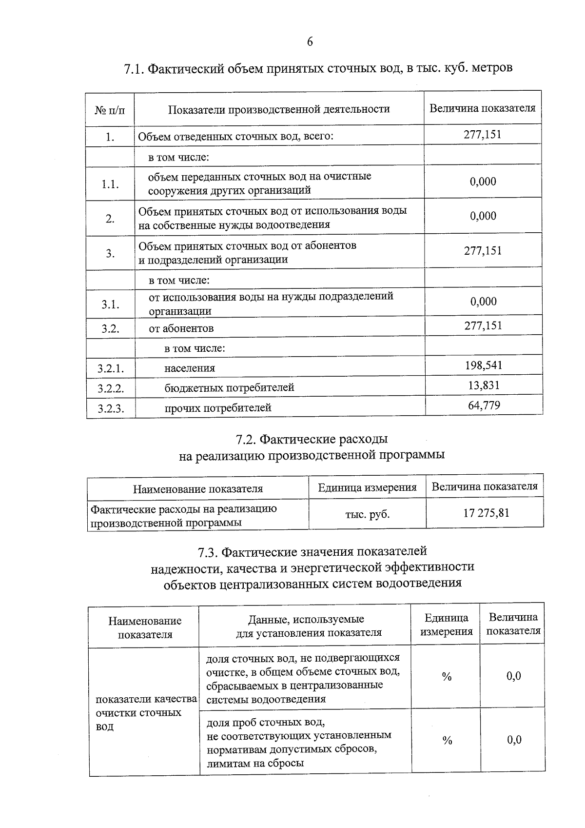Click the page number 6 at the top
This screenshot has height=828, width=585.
click(310, 42)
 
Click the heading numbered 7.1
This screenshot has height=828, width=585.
click(318, 68)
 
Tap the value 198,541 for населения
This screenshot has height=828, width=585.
click(483, 365)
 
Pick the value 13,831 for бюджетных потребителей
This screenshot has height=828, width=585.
click(484, 385)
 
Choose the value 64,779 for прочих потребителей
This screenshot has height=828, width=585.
click(484, 405)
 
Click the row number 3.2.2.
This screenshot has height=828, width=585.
click(111, 389)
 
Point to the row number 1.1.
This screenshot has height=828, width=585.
click(110, 184)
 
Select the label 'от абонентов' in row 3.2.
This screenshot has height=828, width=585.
click(181, 328)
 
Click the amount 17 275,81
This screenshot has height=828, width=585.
click(486, 513)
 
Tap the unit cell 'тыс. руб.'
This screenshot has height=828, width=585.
click(367, 514)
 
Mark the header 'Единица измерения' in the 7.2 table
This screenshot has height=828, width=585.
click(367, 487)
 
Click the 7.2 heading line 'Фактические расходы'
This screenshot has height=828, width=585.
click(312, 439)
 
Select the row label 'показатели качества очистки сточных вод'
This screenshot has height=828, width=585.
click(145, 712)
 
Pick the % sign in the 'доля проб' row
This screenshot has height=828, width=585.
click(447, 741)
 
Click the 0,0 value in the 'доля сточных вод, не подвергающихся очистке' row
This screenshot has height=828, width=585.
click(513, 676)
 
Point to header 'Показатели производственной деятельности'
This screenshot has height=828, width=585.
click(279, 109)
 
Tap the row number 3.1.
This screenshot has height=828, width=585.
click(110, 304)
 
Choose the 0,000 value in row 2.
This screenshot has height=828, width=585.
click(483, 216)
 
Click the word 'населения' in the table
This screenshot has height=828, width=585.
click(190, 368)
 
